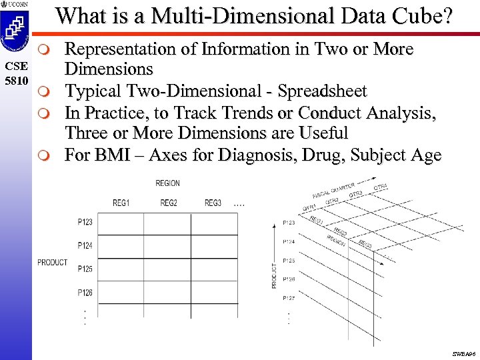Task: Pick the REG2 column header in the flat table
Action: [168, 203]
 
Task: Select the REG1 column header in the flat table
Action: [121, 203]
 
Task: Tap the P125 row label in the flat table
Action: [85, 269]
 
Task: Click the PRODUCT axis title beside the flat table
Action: [52, 262]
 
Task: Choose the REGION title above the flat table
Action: [167, 183]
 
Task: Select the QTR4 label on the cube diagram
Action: [380, 187]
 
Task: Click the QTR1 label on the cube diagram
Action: [309, 207]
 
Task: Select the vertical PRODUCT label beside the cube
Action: [274, 273]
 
